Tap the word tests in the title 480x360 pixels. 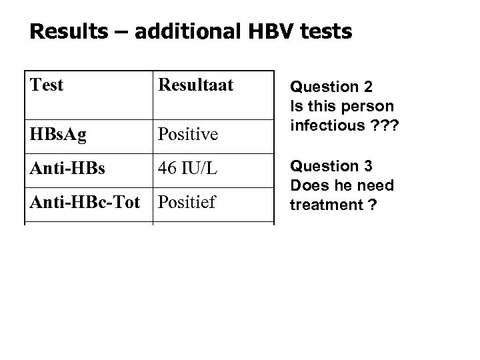pyautogui.click(x=322, y=31)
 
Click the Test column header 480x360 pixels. pyautogui.click(x=47, y=85)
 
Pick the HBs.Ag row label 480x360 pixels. pyautogui.click(x=57, y=134)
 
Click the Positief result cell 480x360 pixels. pyautogui.click(x=187, y=201)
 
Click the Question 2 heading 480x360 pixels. pyautogui.click(x=331, y=87)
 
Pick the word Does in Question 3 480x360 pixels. pyautogui.click(x=306, y=185)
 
